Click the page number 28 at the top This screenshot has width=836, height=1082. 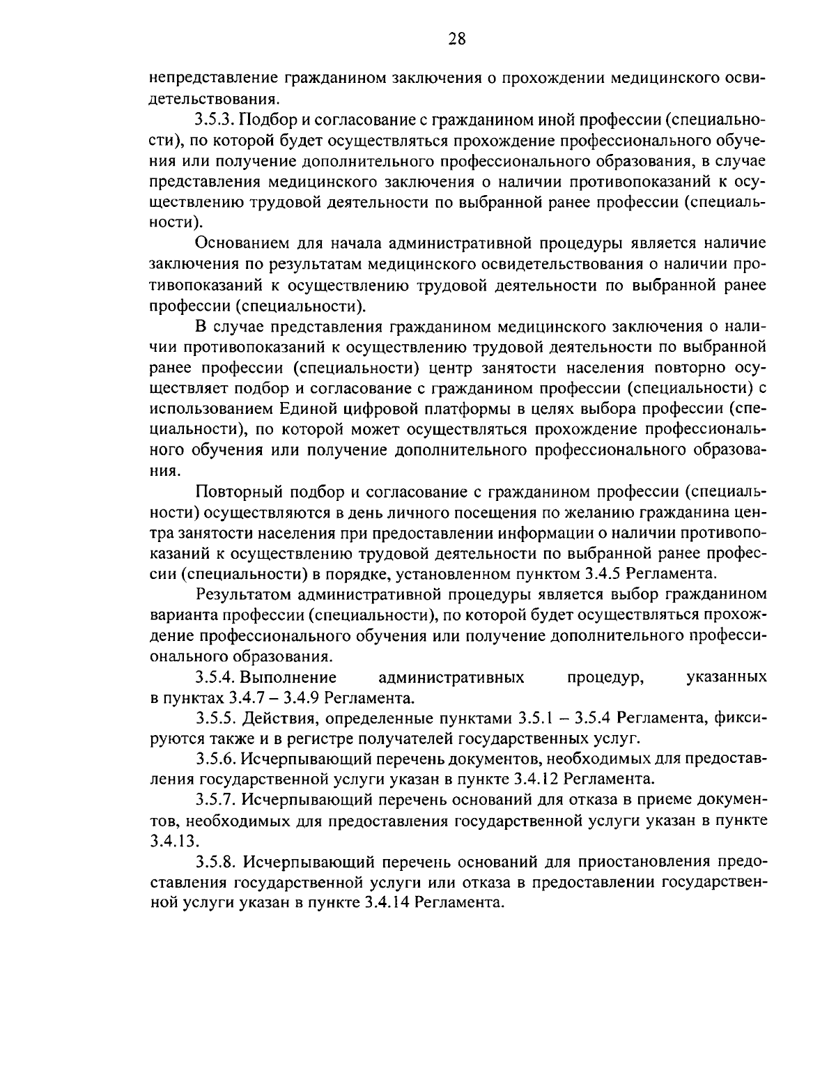tap(457, 39)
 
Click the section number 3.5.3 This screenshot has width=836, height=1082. tap(217, 121)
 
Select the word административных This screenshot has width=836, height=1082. tap(451, 677)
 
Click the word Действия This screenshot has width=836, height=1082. tap(274, 718)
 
